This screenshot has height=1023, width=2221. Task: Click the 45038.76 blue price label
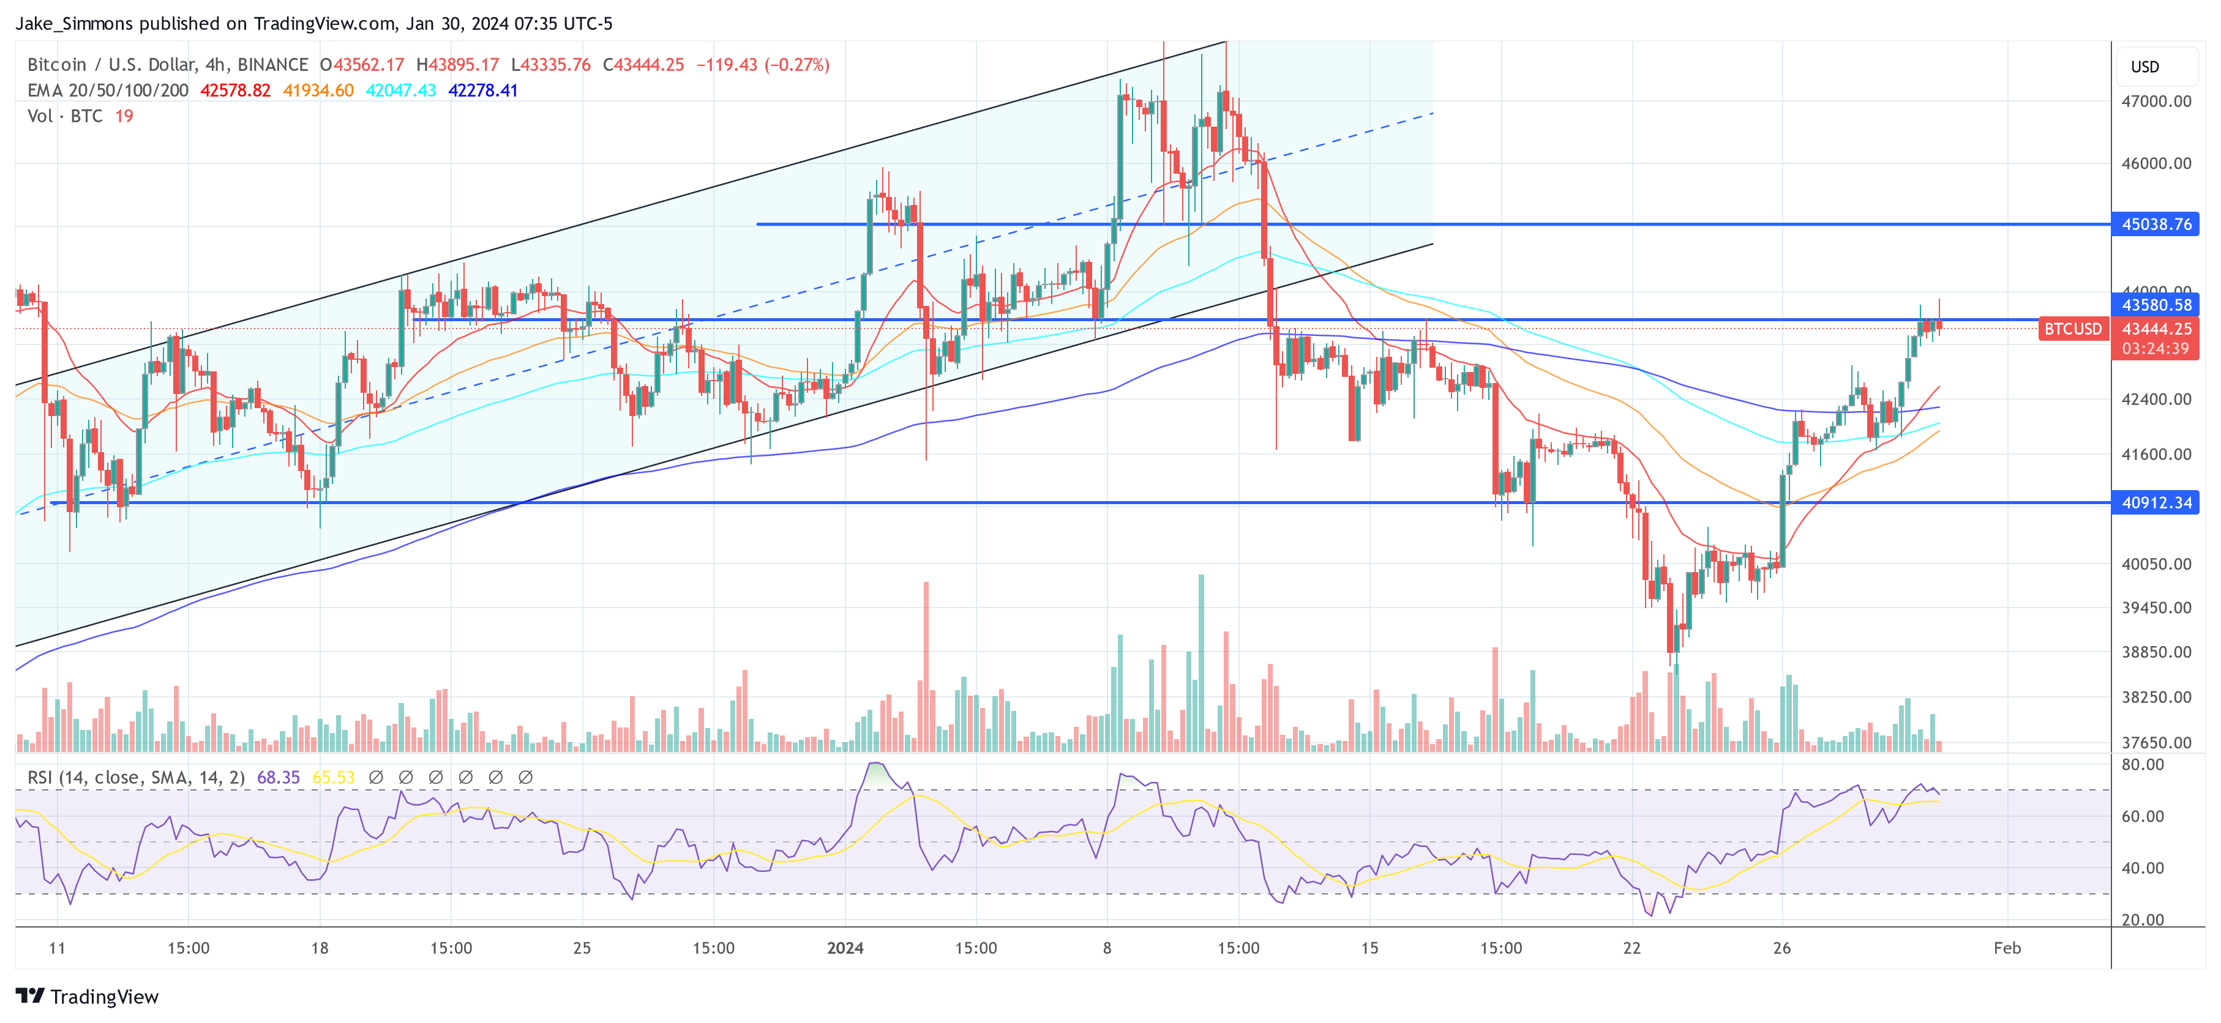(2155, 224)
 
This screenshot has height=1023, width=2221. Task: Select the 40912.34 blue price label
(2155, 502)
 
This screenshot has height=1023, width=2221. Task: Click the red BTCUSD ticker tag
(2072, 329)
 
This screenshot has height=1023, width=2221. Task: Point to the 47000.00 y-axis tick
(2155, 101)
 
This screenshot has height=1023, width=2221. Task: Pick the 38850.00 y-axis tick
(2155, 652)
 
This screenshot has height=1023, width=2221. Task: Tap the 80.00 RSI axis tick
(2143, 764)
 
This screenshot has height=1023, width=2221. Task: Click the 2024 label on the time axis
(845, 948)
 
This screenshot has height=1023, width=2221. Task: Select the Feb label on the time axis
(2006, 948)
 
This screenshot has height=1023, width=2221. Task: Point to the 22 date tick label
(1631, 948)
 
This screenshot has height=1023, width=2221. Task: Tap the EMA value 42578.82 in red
(235, 91)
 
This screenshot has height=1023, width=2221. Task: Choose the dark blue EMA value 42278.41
(483, 91)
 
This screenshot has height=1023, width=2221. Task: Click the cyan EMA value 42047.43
(401, 91)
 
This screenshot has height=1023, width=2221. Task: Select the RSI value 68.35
(279, 778)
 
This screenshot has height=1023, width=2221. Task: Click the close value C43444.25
(643, 65)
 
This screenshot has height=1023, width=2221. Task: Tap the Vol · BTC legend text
(65, 116)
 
